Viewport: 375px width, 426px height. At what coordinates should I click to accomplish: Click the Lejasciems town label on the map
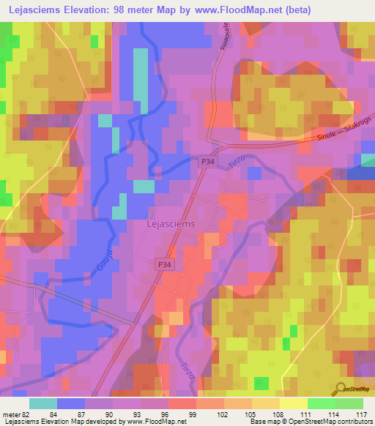click(171, 225)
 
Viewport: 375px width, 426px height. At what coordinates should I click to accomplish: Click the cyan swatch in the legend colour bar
click(43, 403)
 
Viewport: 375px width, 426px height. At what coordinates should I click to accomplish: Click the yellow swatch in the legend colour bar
click(293, 403)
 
